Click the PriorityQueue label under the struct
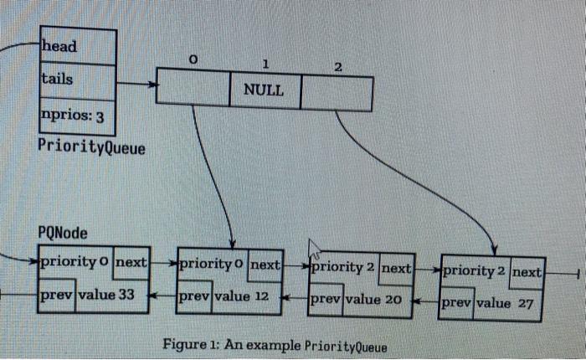(91, 147)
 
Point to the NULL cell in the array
(264, 89)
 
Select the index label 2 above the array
(337, 66)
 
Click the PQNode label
(64, 232)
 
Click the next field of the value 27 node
(527, 272)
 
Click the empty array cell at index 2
(336, 91)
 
